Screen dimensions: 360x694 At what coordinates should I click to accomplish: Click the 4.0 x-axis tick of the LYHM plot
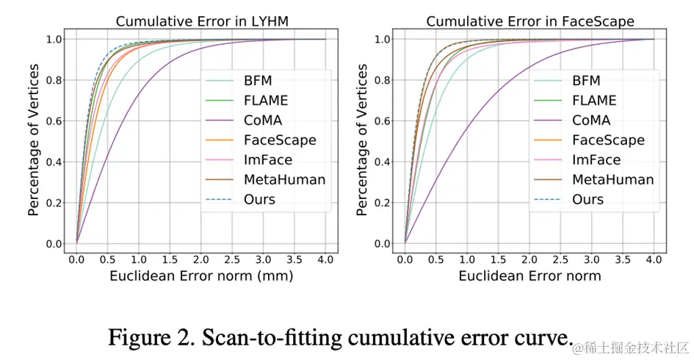(x=327, y=259)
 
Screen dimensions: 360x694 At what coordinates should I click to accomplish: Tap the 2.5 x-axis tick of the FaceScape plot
(x=560, y=259)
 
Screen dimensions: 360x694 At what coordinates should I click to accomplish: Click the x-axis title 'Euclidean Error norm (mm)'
(x=201, y=277)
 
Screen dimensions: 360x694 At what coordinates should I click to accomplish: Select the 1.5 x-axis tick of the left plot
(x=170, y=259)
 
